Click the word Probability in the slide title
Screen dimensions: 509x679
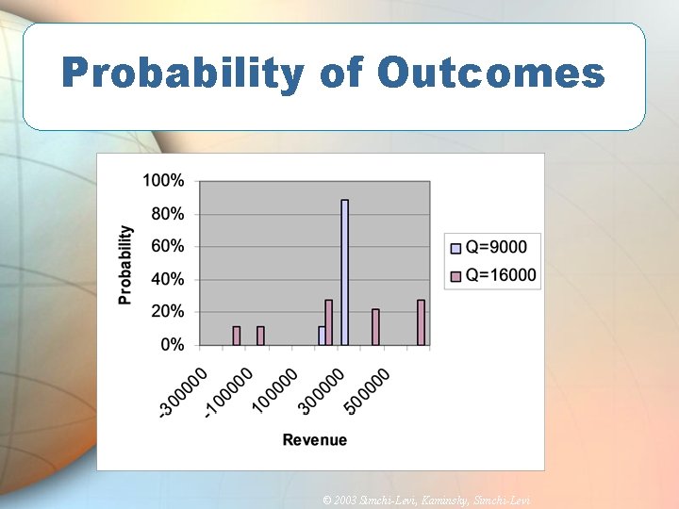pyautogui.click(x=183, y=73)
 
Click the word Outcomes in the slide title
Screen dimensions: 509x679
pyautogui.click(x=490, y=73)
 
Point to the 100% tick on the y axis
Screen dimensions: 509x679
pyautogui.click(x=165, y=180)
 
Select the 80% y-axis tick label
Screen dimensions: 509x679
pyautogui.click(x=168, y=214)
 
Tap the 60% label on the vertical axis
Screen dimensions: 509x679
pyautogui.click(x=168, y=246)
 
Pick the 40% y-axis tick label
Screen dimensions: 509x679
pyautogui.click(x=168, y=279)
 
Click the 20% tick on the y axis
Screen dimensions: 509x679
pyautogui.click(x=168, y=312)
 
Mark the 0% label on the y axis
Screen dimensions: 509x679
pyautogui.click(x=172, y=345)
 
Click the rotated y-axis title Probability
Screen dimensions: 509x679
pyautogui.click(x=125, y=264)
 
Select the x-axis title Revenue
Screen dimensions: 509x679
pyautogui.click(x=315, y=439)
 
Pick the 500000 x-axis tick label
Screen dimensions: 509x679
pyautogui.click(x=368, y=389)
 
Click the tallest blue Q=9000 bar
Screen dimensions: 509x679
pyautogui.click(x=345, y=273)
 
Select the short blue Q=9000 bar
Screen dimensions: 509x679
pyautogui.click(x=322, y=337)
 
